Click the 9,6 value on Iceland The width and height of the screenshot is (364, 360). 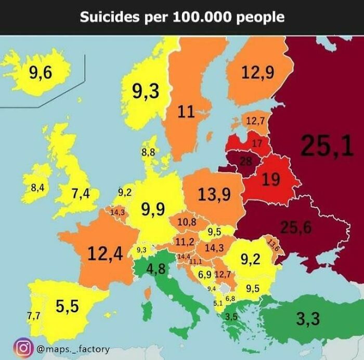tap(41, 73)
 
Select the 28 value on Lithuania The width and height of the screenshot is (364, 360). tap(245, 162)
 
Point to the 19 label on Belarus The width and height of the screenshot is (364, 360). tap(270, 180)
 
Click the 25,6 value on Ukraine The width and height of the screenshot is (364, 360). tap(296, 227)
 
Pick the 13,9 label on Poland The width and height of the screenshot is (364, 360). tap(214, 195)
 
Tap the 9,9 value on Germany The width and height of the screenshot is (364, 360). tap(153, 209)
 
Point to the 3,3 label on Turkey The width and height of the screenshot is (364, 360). tap(308, 319)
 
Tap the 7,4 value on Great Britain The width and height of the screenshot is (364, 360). tap(81, 194)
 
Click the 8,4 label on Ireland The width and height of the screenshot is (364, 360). tap(37, 188)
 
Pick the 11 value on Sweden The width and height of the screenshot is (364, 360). tap(186, 111)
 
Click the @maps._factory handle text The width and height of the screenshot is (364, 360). tap(73, 348)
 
